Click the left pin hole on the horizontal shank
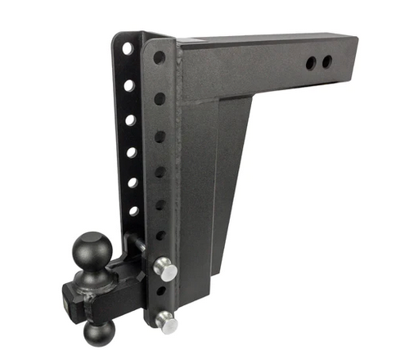pos(312,62)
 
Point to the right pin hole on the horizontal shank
pos(327,61)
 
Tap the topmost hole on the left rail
pos(128,49)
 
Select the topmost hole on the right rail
pos(160,58)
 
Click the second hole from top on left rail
pos(129,84)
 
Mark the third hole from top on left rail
pos(130,119)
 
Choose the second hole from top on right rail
pos(160,98)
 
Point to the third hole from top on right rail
pos(160,137)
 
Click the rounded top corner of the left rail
pos(119,37)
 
